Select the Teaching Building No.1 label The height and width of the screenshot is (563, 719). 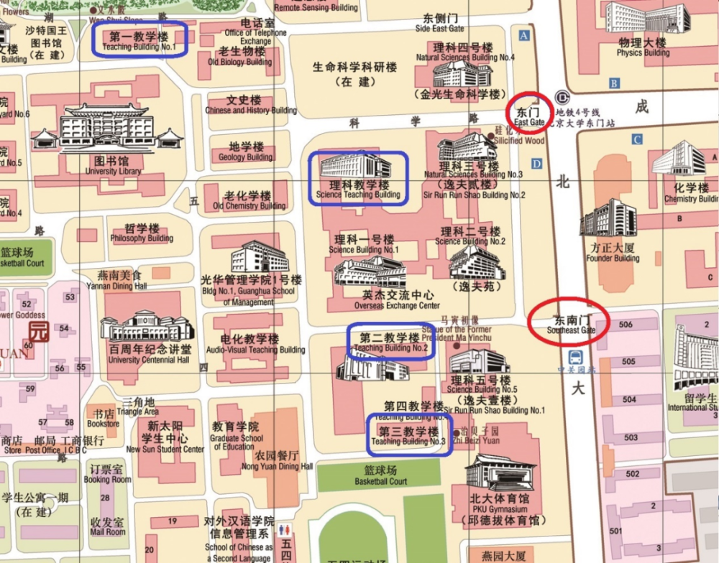[x=140, y=40]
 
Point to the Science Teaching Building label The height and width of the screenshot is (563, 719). [x=358, y=190]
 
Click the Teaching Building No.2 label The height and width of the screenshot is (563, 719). [x=390, y=342]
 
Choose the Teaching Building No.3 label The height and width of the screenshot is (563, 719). [x=408, y=436]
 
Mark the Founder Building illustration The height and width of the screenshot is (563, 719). [x=608, y=218]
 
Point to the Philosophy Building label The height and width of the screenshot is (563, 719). [x=142, y=233]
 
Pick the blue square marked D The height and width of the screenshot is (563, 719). [x=536, y=164]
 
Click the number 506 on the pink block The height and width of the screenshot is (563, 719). [x=626, y=325]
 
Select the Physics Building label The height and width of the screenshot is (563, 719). [x=643, y=47]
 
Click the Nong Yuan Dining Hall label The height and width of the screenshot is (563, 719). [x=277, y=460]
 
